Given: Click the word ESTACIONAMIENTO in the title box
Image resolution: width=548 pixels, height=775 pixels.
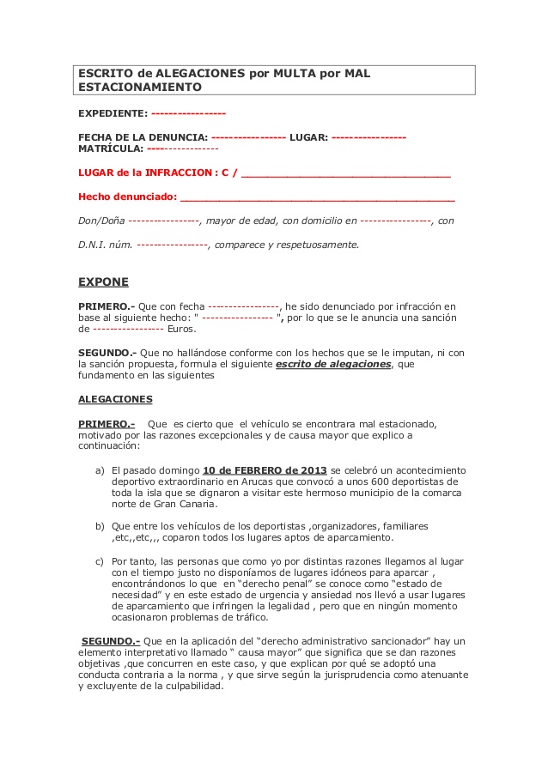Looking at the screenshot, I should [140, 87].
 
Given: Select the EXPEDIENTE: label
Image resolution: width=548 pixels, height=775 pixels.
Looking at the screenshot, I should [113, 113].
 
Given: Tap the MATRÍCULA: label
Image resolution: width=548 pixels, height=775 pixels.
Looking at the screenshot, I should [111, 148].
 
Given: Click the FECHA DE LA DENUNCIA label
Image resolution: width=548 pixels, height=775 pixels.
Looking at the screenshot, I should [143, 137].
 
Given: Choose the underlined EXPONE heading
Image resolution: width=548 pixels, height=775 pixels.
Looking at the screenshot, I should [103, 281].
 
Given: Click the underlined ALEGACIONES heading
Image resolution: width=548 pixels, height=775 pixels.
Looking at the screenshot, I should [115, 399].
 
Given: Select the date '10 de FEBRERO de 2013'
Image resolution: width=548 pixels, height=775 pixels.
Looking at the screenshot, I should [265, 469].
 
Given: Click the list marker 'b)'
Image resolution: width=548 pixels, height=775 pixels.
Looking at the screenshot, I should [100, 525].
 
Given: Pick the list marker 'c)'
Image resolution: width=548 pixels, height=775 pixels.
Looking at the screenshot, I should [100, 560].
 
